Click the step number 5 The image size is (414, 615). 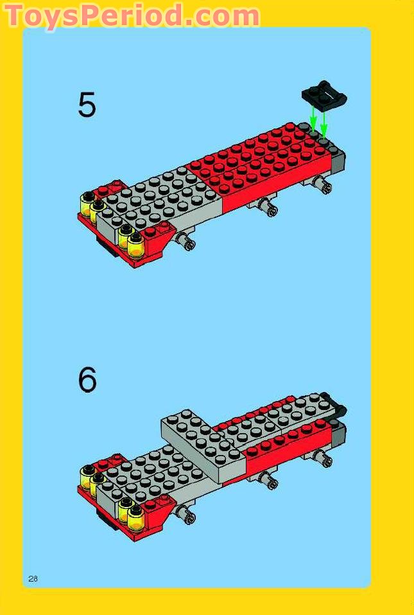[x=87, y=105]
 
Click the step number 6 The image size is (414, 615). [x=87, y=380]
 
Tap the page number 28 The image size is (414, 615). [x=33, y=578]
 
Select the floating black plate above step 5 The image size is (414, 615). [x=323, y=95]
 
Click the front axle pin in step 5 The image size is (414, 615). [x=187, y=243]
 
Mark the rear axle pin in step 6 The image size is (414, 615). [x=323, y=457]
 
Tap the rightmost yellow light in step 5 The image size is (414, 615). [x=135, y=244]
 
